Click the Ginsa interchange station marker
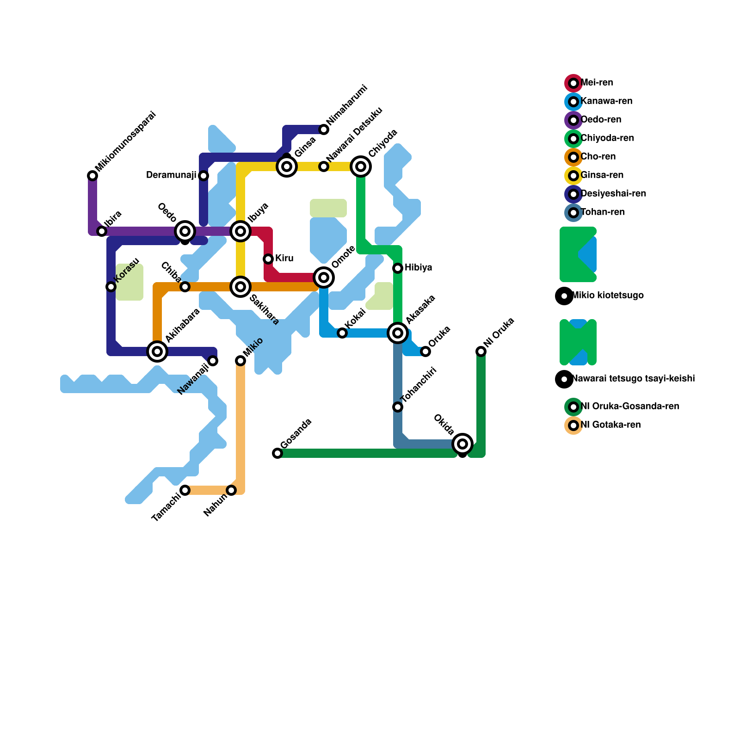287,166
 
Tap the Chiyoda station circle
361,166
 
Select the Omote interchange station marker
324,277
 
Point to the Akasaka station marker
398,333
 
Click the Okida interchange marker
462,444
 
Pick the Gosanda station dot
277,453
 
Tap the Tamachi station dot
185,490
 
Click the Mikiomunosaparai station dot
92,176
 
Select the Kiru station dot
268,259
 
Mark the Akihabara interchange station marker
157,351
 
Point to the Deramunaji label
171,175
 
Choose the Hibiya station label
418,268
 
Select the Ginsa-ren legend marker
573,176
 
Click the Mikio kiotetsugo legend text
608,296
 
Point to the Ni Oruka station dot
481,351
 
